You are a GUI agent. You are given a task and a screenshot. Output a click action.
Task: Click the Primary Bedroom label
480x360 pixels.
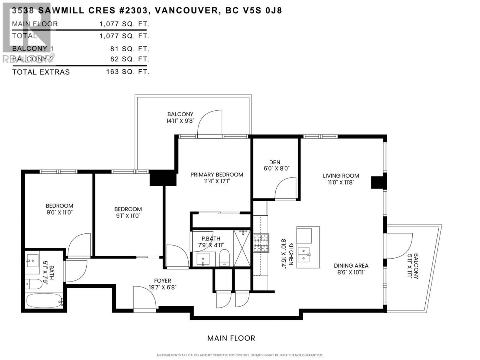[217, 174]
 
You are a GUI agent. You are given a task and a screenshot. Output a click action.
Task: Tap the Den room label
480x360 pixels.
[274, 162]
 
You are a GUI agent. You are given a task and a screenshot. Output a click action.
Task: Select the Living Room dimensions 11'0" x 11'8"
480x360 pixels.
[341, 182]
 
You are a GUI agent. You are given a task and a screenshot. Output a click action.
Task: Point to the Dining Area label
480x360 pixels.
[351, 265]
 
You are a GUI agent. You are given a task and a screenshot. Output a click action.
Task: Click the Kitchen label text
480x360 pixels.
[291, 253]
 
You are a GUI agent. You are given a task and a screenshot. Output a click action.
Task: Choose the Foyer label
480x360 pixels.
[163, 280]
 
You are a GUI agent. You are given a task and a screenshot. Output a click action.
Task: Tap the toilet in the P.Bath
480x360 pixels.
[224, 258]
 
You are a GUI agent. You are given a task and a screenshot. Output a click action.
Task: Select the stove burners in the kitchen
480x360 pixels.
[261, 243]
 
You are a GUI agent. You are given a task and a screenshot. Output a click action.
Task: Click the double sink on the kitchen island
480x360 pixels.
[304, 254]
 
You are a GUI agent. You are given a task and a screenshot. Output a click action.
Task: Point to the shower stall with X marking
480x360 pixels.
[242, 248]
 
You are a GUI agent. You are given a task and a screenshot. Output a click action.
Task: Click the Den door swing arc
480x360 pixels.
[282, 183]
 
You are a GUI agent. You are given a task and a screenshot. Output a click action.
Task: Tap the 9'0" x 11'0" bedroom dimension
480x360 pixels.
[59, 212]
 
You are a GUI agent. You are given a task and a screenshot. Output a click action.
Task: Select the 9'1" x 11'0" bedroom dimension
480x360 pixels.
[128, 215]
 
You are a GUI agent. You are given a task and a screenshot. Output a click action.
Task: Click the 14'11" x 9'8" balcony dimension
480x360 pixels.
[180, 121]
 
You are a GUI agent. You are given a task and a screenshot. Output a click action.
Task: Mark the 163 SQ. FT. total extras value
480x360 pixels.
[128, 72]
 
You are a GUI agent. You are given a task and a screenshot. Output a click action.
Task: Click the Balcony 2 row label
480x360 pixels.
[33, 59]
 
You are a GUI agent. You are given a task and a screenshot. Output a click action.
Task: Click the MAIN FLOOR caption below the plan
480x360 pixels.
[231, 338]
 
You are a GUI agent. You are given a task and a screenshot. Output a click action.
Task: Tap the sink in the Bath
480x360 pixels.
[32, 260]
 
